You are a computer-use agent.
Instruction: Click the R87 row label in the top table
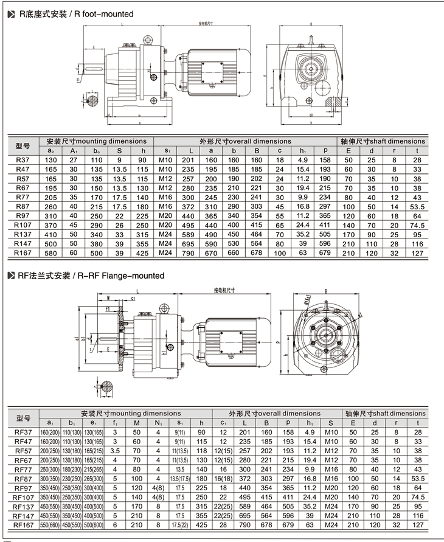(23, 207)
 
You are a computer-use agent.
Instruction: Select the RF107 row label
(23, 496)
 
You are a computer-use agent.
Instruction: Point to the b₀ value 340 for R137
(95, 234)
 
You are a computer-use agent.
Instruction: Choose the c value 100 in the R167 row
(280, 252)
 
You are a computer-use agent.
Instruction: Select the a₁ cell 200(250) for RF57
(49, 452)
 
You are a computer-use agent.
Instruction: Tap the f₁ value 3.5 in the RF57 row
(116, 452)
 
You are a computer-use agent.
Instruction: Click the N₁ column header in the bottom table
(158, 422)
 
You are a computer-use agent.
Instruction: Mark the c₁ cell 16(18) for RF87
(223, 478)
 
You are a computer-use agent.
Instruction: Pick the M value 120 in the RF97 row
(137, 487)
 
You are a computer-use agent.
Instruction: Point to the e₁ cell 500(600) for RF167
(93, 524)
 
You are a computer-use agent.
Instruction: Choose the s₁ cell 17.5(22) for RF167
(180, 524)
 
